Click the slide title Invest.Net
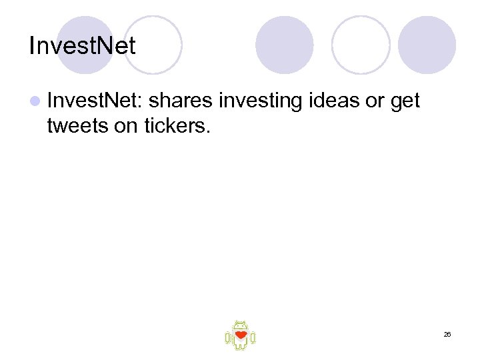tap(83, 46)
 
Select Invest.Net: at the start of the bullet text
tap(95, 101)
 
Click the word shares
tap(181, 101)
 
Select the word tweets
tap(78, 125)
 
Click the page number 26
tap(447, 334)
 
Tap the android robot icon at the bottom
tap(240, 335)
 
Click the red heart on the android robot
tap(241, 335)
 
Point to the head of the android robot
tap(240, 325)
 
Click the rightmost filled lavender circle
tap(427, 45)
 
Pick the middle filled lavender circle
tap(285, 45)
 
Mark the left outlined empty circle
tap(153, 45)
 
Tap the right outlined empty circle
tap(361, 45)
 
